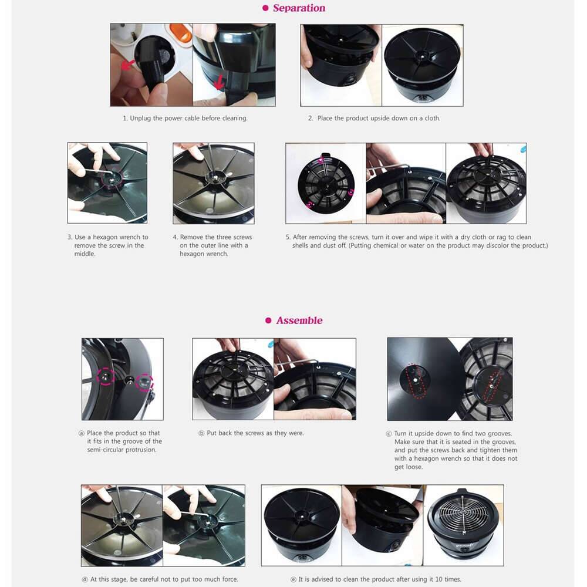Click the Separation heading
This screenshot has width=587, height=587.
pyautogui.click(x=299, y=8)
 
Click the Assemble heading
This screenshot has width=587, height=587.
pyautogui.click(x=299, y=321)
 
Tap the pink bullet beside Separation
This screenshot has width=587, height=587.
pyautogui.click(x=265, y=8)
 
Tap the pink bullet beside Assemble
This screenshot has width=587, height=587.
pyautogui.click(x=268, y=321)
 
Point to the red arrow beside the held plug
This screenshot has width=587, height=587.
pyautogui.click(x=127, y=65)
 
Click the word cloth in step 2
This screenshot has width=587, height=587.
pyautogui.click(x=433, y=119)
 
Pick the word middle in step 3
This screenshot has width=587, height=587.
pyautogui.click(x=85, y=254)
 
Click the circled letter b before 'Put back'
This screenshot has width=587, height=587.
pyautogui.click(x=201, y=433)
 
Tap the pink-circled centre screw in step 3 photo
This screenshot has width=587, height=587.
pyautogui.click(x=112, y=179)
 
